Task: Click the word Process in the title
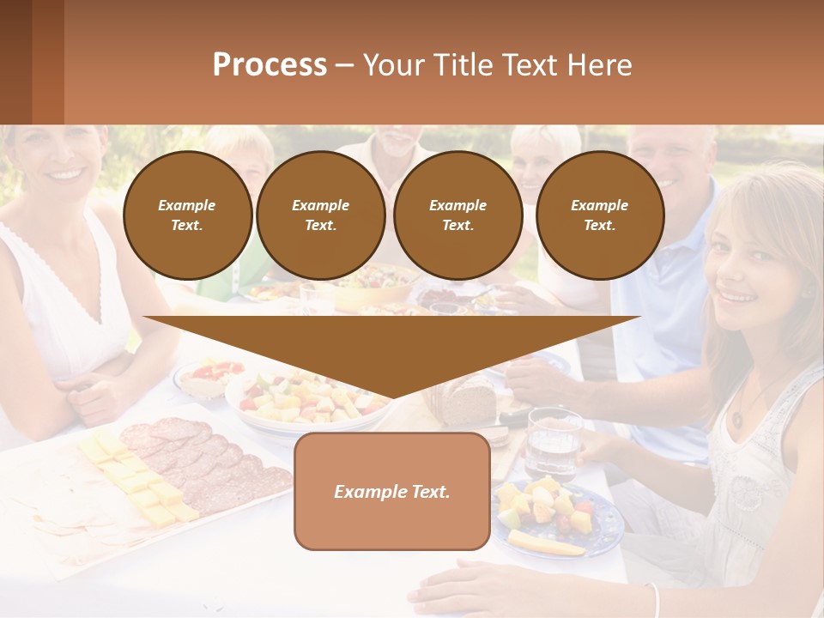pos(270,65)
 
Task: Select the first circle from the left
pos(187,215)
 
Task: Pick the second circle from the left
pos(320,215)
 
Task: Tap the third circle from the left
pos(457,215)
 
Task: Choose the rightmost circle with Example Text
pos(599,215)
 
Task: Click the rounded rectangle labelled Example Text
pos(391,491)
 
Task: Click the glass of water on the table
pos(553,442)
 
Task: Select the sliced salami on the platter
pos(206,463)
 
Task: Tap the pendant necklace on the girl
pos(737,420)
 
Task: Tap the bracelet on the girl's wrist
pos(654,598)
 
